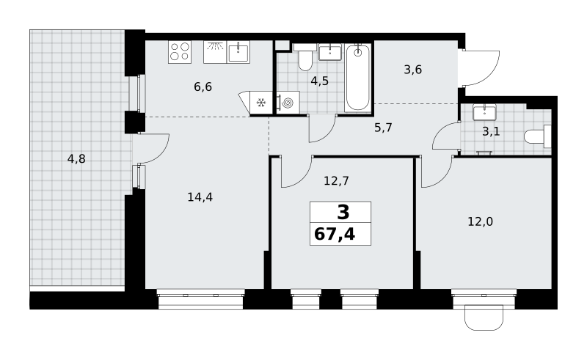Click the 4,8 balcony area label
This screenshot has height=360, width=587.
[x=76, y=159]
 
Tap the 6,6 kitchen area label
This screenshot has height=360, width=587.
[x=203, y=87]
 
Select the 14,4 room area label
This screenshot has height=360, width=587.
[x=200, y=197]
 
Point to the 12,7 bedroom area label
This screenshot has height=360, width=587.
[x=336, y=181]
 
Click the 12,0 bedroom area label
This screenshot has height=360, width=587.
[x=481, y=222]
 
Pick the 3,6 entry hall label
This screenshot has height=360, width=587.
[x=413, y=70]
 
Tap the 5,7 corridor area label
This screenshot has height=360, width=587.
[x=383, y=128]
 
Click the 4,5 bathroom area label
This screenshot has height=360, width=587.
[x=320, y=81]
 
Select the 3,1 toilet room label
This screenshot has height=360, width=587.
[x=491, y=132]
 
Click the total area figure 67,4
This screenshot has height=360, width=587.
[x=335, y=235]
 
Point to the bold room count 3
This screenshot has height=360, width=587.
[x=343, y=212]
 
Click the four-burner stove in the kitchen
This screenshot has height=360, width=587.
[x=180, y=51]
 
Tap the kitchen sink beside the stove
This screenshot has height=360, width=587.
[x=238, y=52]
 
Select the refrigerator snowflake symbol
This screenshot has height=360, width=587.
[x=260, y=102]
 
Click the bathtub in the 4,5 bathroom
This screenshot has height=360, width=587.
[x=357, y=78]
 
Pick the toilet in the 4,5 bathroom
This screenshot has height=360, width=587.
[x=305, y=57]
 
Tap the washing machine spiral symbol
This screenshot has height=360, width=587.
[x=288, y=103]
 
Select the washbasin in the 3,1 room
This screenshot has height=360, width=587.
[x=484, y=112]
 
